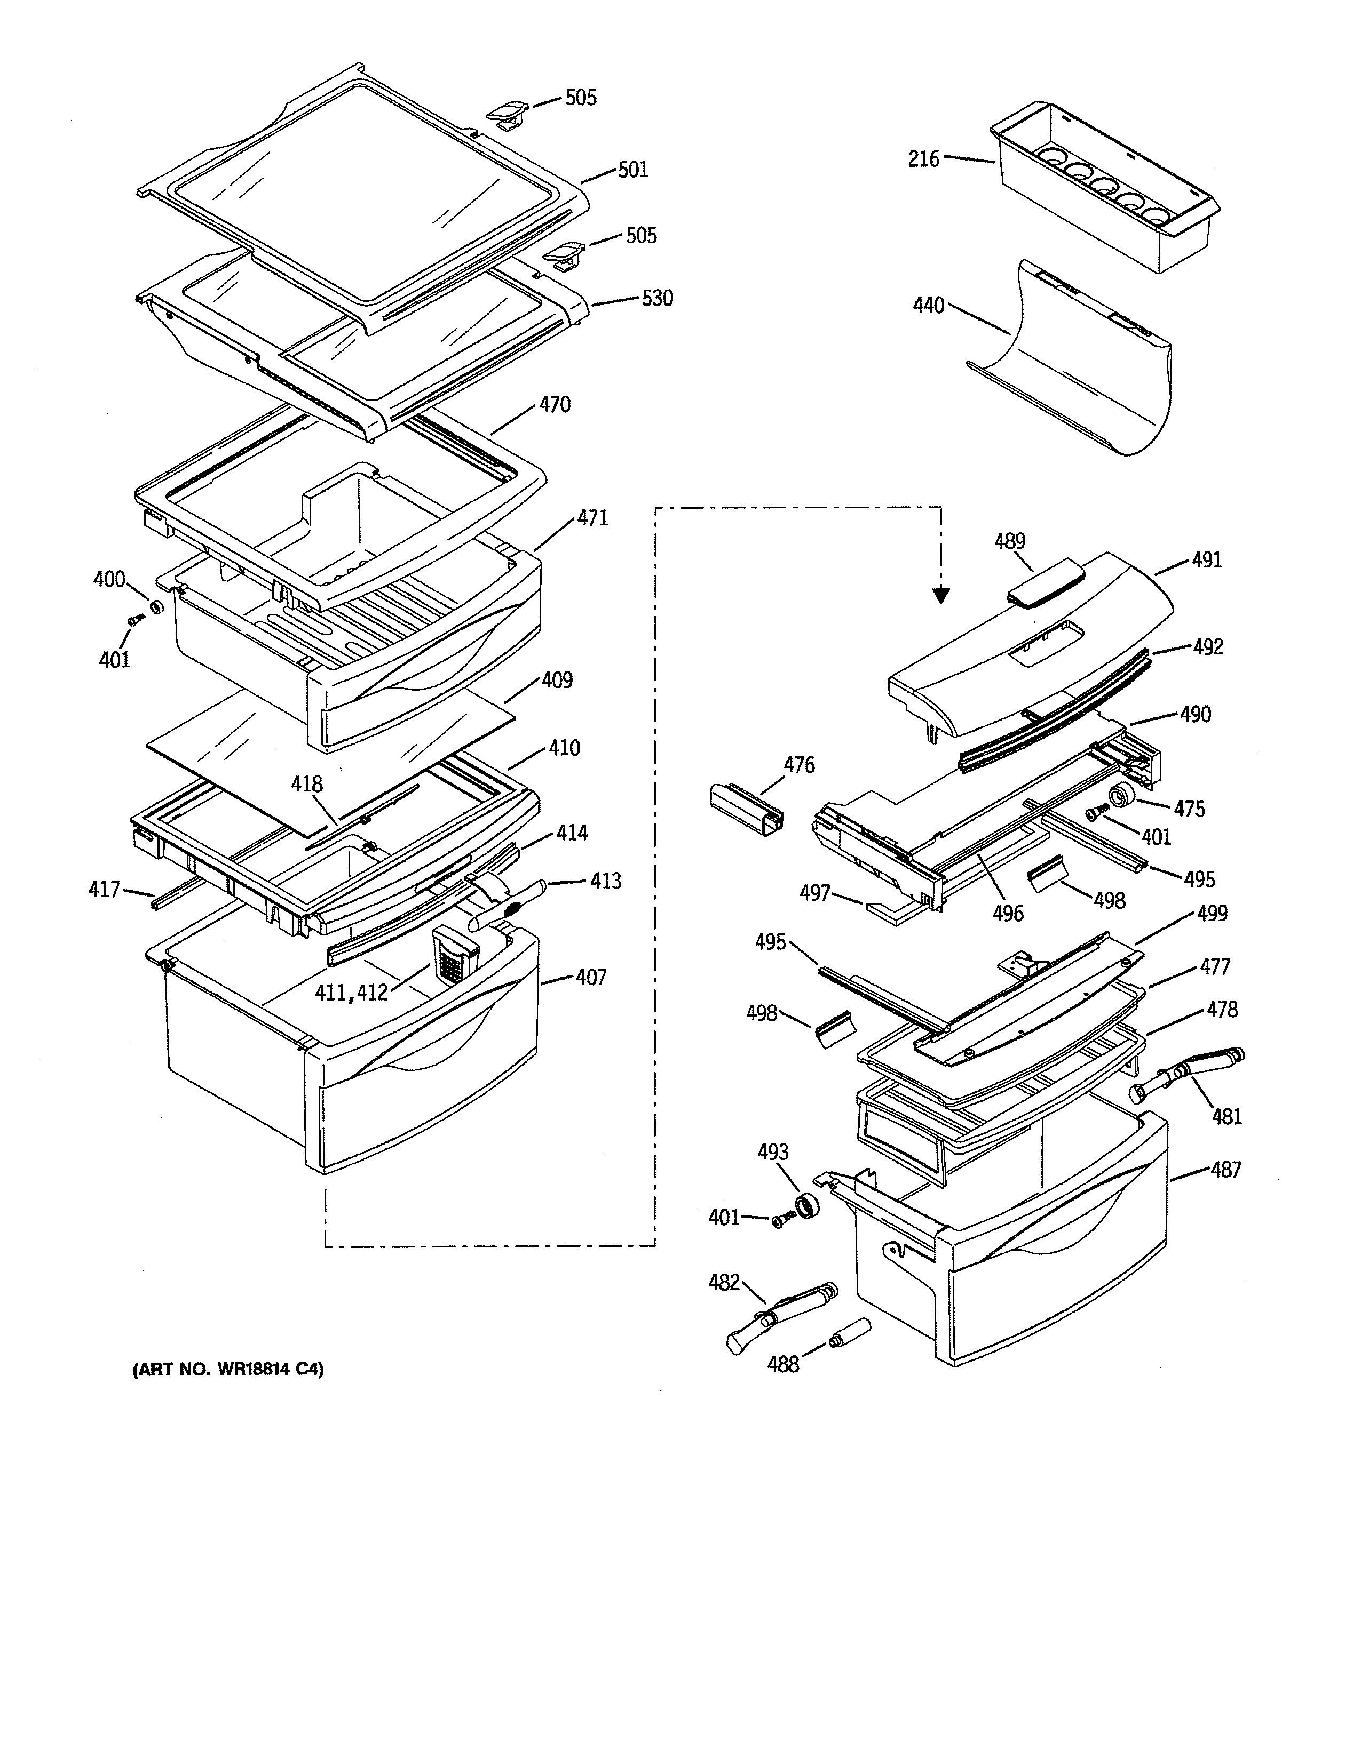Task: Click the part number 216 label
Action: pyautogui.click(x=923, y=159)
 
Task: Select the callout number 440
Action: pyautogui.click(x=928, y=306)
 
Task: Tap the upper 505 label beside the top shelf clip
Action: pyautogui.click(x=581, y=98)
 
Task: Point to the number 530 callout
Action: pyautogui.click(x=657, y=298)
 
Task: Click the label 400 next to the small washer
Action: pyautogui.click(x=109, y=579)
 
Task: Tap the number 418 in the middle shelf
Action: pyautogui.click(x=307, y=783)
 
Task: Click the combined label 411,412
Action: pyautogui.click(x=352, y=992)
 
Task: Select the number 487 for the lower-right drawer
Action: pyautogui.click(x=1225, y=1169)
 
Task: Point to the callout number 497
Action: pyautogui.click(x=815, y=893)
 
